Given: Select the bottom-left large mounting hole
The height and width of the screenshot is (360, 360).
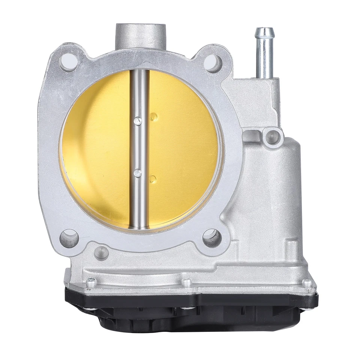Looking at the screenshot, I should pyautogui.click(x=69, y=238).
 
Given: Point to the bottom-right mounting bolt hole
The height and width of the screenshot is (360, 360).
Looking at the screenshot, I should pyautogui.click(x=211, y=238).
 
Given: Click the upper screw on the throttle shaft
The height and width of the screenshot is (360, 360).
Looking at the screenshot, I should pyautogui.click(x=138, y=120).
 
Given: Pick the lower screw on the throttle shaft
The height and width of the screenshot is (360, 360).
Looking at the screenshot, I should pyautogui.click(x=138, y=173).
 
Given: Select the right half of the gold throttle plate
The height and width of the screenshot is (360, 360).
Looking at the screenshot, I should pyautogui.click(x=184, y=150).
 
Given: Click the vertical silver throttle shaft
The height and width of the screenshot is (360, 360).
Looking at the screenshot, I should pyautogui.click(x=139, y=202).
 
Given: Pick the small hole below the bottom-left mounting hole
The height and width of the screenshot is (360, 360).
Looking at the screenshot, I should pyautogui.click(x=101, y=253).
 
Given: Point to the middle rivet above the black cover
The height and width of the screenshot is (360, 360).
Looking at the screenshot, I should pyautogui.click(x=186, y=282).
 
